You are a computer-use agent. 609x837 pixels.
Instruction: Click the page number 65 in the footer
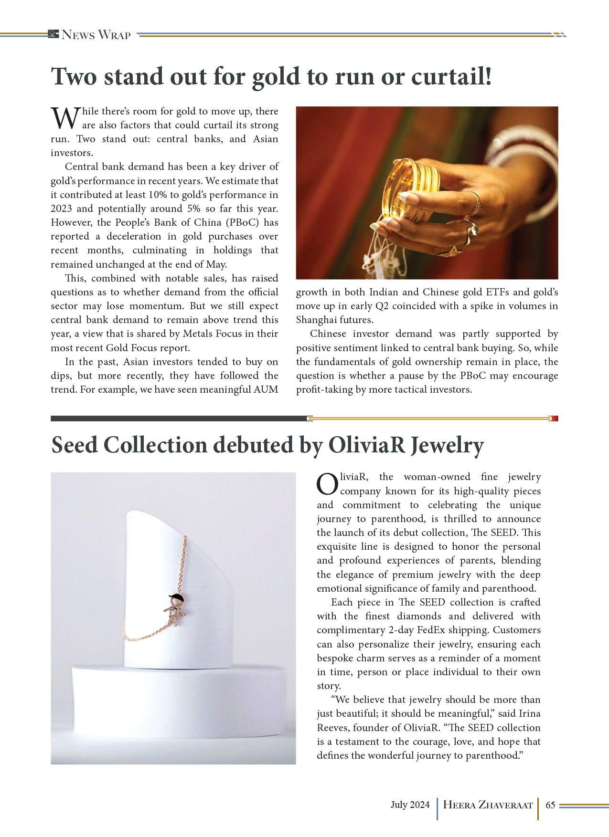click(x=550, y=805)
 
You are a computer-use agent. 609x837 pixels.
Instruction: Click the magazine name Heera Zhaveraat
click(x=488, y=805)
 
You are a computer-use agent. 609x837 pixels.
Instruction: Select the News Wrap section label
click(x=96, y=35)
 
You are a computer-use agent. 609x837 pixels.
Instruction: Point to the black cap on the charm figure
click(x=176, y=596)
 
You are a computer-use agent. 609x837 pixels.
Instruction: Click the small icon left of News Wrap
click(x=53, y=34)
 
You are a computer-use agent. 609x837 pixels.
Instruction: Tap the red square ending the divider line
click(x=554, y=418)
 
